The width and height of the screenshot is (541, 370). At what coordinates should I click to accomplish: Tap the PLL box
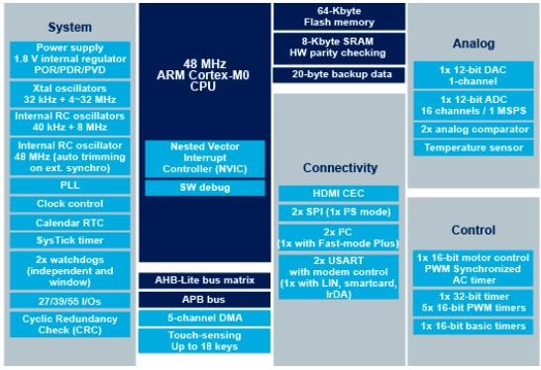click(69, 186)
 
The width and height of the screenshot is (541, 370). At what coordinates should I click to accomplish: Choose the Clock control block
click(69, 204)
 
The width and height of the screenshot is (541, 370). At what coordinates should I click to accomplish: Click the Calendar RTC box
click(69, 222)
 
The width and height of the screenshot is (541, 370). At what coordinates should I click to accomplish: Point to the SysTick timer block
click(69, 239)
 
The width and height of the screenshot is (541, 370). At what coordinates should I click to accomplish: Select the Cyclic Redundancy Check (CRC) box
click(69, 324)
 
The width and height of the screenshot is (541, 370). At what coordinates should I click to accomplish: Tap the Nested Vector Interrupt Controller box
click(204, 158)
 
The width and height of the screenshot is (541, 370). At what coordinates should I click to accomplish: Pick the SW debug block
click(204, 187)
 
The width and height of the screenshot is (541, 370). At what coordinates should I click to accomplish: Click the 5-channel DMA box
click(204, 318)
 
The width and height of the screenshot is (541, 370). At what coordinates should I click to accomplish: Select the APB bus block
click(204, 298)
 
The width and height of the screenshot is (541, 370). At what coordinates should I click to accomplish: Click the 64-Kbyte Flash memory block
click(339, 15)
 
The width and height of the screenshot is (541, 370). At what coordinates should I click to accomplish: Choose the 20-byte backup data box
click(339, 75)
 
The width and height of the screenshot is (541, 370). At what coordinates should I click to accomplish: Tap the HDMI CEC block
click(339, 194)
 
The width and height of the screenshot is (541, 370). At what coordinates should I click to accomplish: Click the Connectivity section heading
click(339, 168)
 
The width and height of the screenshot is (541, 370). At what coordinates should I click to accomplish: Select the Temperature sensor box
click(474, 148)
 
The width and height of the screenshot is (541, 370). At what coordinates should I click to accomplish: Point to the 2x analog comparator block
click(474, 130)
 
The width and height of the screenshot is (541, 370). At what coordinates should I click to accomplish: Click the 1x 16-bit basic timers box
click(474, 326)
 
